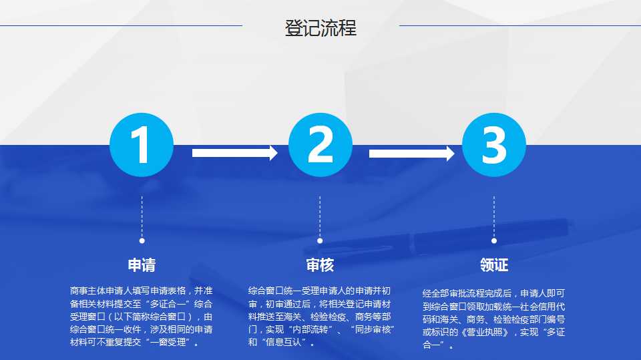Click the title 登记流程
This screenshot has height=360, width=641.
tap(320, 28)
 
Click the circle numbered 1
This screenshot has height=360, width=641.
tap(142, 145)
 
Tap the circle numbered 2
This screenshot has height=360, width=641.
tap(320, 145)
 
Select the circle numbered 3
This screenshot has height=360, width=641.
tap(494, 145)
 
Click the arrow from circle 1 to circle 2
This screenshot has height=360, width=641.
tap(235, 153)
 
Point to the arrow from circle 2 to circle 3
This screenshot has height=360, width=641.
tap(412, 154)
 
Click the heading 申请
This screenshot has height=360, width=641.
tap(142, 265)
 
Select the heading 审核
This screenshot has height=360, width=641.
tap(320, 265)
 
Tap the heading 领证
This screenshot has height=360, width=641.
tap(494, 265)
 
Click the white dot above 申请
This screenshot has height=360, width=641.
tap(142, 241)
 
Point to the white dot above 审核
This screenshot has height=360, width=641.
tap(320, 241)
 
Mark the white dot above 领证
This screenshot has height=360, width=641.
tap(494, 241)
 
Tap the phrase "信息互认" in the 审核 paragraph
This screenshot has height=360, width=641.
tap(283, 342)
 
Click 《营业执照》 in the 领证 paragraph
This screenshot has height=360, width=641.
tap(485, 332)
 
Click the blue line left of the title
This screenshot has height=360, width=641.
tap(121, 26)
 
